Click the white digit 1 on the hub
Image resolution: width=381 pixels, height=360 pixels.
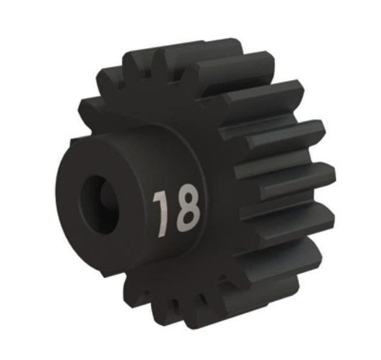click(161, 213)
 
